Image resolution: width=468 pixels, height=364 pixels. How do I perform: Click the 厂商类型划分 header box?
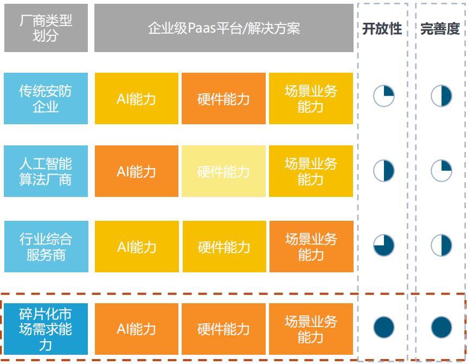coord(46,28)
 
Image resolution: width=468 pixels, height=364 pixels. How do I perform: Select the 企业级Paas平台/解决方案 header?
coord(224,28)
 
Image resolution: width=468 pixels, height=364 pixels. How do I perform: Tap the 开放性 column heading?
coord(382,29)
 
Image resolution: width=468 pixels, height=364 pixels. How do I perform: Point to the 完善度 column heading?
coord(440,29)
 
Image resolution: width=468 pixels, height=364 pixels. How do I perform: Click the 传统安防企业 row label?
coord(46,98)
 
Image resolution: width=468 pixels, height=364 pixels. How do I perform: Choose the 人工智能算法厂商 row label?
coord(46,171)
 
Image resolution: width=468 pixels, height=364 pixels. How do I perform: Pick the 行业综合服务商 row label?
coord(46,247)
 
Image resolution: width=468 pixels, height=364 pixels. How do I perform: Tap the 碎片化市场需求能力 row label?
coord(46,329)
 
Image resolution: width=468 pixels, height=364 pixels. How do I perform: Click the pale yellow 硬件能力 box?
coord(223,171)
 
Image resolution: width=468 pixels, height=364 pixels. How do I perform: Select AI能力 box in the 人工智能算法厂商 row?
coord(137,171)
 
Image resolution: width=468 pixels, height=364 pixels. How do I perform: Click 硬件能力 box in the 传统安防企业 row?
coord(223,98)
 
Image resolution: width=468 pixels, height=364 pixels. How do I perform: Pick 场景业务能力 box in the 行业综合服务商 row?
coord(311,247)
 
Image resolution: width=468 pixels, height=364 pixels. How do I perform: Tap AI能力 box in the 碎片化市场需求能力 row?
coord(137,329)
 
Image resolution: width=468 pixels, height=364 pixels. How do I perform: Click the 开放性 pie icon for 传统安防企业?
coord(384,96)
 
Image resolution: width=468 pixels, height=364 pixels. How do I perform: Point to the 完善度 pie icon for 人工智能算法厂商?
coord(441,171)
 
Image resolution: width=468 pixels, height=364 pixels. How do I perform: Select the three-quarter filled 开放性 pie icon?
coord(384,245)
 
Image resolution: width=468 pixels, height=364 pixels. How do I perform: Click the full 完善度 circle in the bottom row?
coord(441,327)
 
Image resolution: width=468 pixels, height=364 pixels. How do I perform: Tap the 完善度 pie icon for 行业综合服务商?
coord(441,245)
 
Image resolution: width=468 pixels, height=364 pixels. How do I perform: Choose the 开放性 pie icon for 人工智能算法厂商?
coord(384,171)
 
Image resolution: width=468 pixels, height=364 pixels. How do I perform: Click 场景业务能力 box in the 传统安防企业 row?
coord(311,98)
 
